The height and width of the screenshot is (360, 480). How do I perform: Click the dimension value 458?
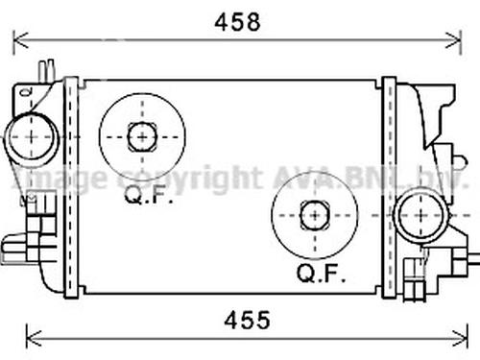pos(235,21)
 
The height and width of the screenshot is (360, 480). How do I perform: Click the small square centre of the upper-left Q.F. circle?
pos(142,136)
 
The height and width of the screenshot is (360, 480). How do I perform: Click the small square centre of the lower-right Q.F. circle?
pos(314,215)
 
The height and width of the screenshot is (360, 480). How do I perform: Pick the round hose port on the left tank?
pos(31,136)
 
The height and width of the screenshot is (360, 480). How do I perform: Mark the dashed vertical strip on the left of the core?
pos(70,187)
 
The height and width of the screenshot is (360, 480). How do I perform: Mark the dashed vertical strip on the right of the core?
pos(389,187)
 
